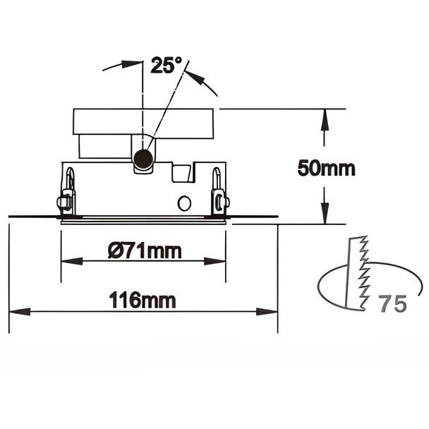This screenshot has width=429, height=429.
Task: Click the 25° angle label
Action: click(x=166, y=65)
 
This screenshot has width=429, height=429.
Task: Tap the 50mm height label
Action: click(x=326, y=168)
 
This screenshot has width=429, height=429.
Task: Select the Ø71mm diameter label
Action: click(x=145, y=250)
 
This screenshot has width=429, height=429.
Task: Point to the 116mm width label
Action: click(x=143, y=300)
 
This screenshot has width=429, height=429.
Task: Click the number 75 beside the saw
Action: click(x=392, y=303)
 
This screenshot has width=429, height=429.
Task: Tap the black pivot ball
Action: click(x=143, y=159)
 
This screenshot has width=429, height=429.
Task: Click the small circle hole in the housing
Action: click(x=184, y=203)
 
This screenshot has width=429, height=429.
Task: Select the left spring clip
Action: click(x=66, y=191)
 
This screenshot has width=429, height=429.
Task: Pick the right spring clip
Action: click(x=219, y=191)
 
